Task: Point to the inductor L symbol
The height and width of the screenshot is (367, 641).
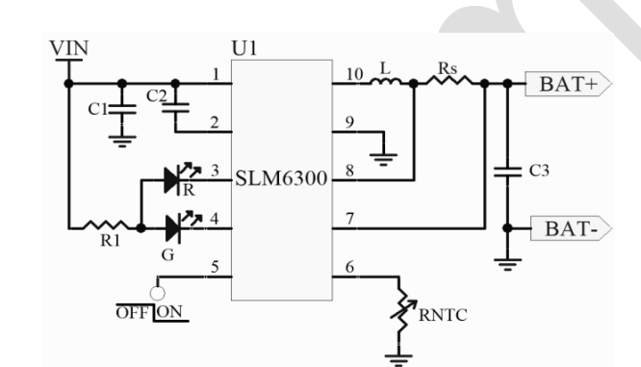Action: [x=389, y=84]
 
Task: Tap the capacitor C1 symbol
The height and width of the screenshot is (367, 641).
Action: [x=120, y=110]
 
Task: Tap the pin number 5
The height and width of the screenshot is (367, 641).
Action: [x=217, y=269]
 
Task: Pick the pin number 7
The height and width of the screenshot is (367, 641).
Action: [x=349, y=220]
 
